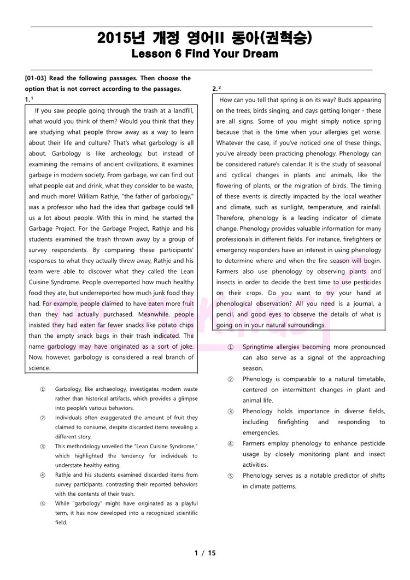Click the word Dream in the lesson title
[x=261, y=54]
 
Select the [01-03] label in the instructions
[x=36, y=78]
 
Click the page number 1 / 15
[x=205, y=553]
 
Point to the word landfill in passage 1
[x=180, y=111]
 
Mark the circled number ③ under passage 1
[x=43, y=446]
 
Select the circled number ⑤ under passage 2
[x=231, y=476]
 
